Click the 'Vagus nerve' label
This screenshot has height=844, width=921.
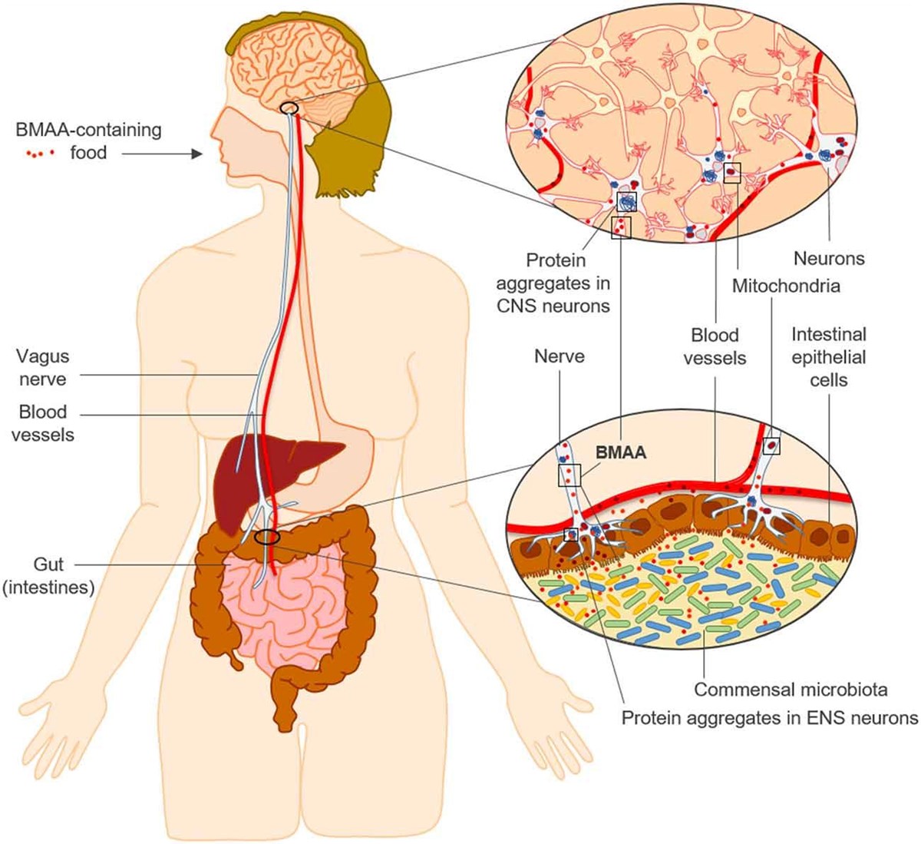point(43,368)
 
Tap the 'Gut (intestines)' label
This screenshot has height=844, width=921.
point(48,576)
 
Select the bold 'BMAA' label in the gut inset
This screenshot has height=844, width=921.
point(621,452)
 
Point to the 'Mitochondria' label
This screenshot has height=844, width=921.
point(786,286)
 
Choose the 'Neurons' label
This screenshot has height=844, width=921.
point(829,258)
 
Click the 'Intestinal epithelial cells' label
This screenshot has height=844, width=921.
point(829,357)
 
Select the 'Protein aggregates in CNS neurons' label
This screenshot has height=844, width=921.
point(553,283)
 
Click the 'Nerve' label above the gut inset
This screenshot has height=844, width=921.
point(560,356)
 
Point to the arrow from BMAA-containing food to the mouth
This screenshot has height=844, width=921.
point(162,154)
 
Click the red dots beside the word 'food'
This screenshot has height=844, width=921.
point(40,154)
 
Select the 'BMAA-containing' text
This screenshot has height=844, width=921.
point(88,130)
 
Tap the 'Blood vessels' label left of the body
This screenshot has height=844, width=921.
point(43,423)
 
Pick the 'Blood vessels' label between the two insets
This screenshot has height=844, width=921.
point(715,346)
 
